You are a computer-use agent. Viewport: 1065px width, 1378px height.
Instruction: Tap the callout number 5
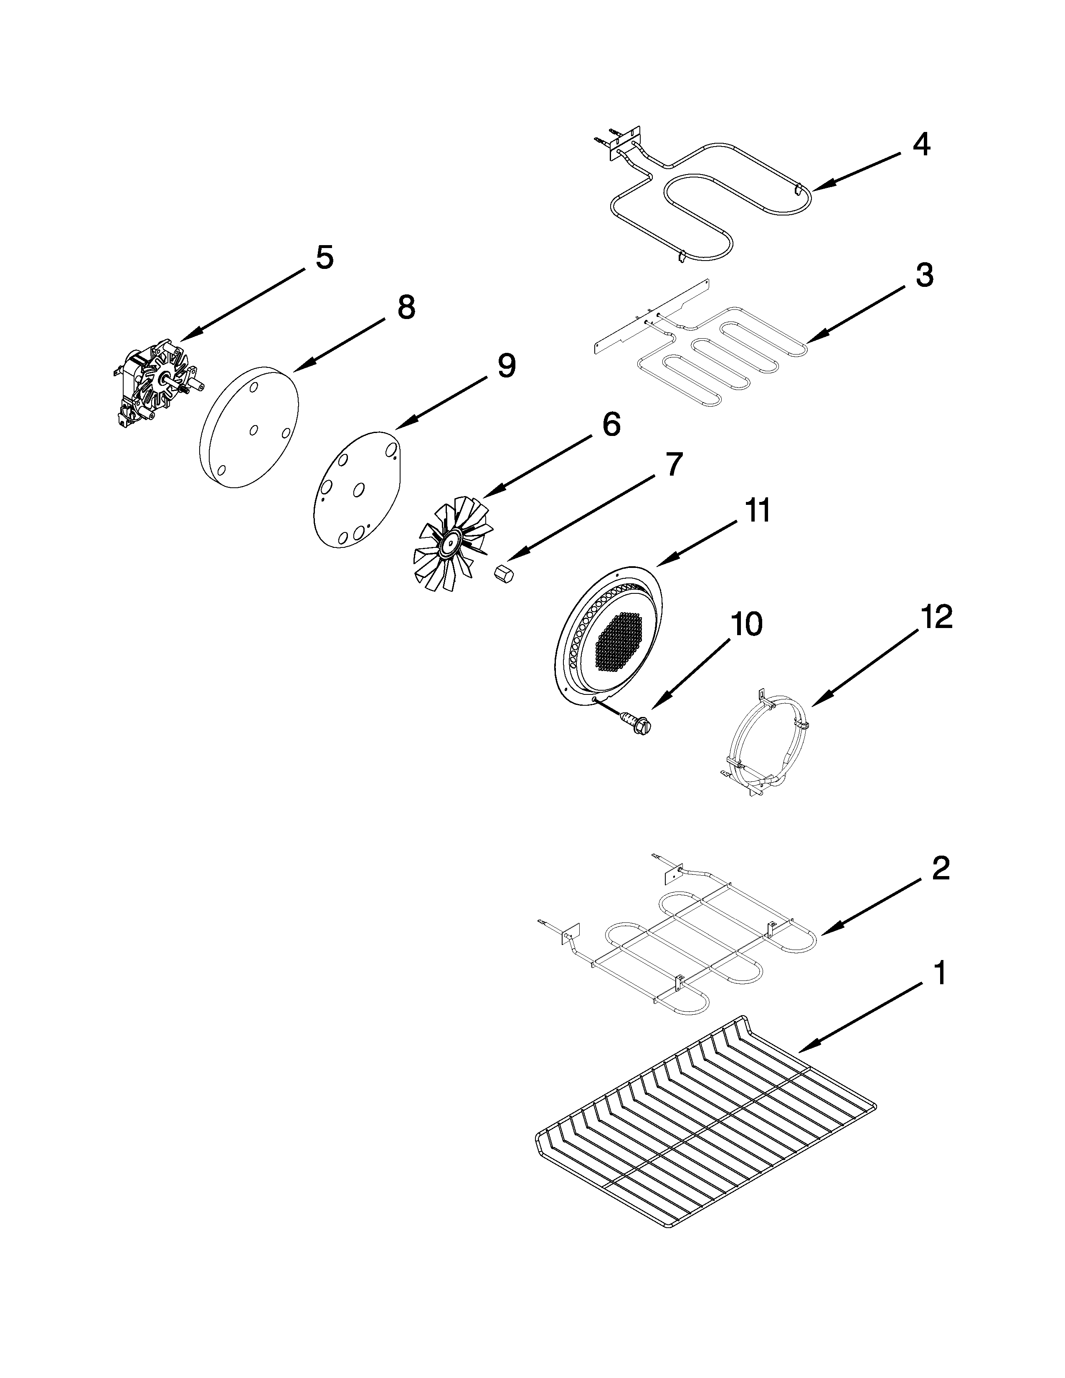324,257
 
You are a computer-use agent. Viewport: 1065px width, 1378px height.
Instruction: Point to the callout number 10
746,623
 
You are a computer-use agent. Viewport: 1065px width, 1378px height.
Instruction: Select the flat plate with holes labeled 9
357,489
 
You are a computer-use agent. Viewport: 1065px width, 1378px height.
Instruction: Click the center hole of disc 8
253,430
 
